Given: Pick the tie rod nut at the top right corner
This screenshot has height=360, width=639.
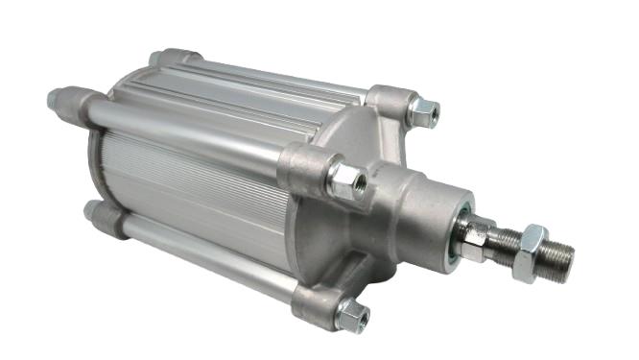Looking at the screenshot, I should (x=422, y=112).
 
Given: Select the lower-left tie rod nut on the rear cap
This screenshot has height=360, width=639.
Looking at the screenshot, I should (x=94, y=212).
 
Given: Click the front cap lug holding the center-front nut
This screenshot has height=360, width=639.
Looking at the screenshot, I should (x=305, y=167).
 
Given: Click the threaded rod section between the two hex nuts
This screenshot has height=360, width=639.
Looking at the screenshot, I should (x=504, y=242).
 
